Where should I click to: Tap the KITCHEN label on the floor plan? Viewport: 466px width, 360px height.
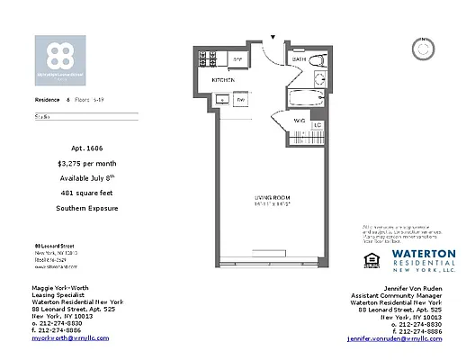click(x=223, y=81)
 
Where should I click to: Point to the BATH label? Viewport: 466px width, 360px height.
click(x=299, y=60)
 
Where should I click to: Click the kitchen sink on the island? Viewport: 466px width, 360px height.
click(x=221, y=99)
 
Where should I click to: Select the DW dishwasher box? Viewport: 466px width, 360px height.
click(x=240, y=99)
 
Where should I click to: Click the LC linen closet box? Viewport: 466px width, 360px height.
click(x=317, y=124)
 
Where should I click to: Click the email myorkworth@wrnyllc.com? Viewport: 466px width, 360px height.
click(x=70, y=338)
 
